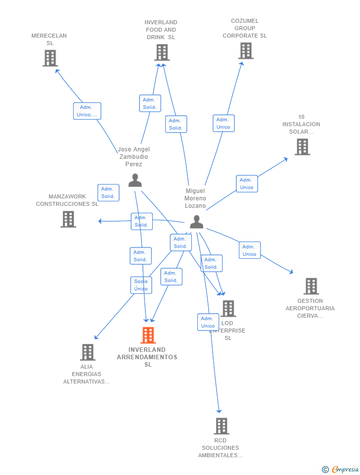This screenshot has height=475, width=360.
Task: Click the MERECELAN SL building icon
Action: [x=50, y=58]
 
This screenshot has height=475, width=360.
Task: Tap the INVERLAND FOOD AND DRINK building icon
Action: [x=162, y=52]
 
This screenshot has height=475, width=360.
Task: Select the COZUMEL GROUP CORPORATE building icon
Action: [x=245, y=50]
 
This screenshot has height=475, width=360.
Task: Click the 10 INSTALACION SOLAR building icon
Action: [x=302, y=147]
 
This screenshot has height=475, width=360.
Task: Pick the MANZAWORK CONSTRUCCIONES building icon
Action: [x=68, y=219]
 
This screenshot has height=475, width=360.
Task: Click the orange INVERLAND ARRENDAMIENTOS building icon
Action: [x=148, y=335]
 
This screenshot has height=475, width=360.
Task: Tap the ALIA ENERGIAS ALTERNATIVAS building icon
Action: [x=88, y=352]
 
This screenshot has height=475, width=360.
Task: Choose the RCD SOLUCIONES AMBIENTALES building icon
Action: [x=221, y=426]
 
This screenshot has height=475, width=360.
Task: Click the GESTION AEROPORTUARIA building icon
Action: [x=311, y=286]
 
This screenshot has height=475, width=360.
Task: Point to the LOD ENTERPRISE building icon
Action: [x=228, y=309]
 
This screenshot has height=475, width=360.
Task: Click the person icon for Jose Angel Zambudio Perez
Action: [x=135, y=181]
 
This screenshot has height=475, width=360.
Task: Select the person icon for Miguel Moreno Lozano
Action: [x=196, y=222]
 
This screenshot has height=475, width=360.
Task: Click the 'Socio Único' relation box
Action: [x=141, y=285]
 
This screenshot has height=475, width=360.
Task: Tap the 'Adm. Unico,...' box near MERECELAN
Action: [x=87, y=111]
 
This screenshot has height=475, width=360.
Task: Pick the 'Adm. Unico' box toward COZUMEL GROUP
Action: [x=224, y=123]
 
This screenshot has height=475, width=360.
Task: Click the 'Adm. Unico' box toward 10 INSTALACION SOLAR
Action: [x=247, y=184]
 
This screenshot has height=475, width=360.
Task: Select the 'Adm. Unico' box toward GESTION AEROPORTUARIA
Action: [x=249, y=250]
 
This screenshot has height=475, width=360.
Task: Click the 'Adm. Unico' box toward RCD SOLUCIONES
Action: [x=208, y=322]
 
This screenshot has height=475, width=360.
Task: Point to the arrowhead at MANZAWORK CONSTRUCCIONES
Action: [x=100, y=221]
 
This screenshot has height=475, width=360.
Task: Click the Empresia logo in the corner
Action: [x=341, y=469]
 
